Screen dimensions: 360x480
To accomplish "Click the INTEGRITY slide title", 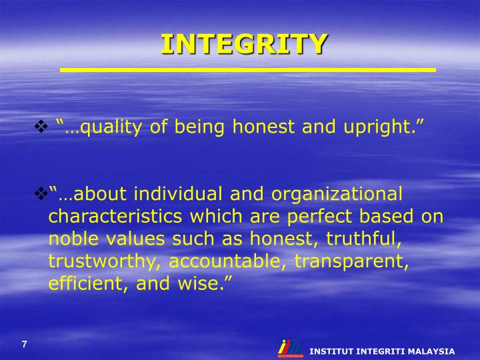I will pos(244,44).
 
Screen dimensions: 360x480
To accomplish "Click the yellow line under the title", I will pos(247,69).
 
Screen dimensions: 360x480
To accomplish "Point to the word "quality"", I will pos(111,127).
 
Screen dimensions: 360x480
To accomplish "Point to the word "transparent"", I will pos(352,261).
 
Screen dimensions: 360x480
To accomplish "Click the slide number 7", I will pos(25,344).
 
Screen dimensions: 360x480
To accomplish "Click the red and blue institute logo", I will pos(290,348).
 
